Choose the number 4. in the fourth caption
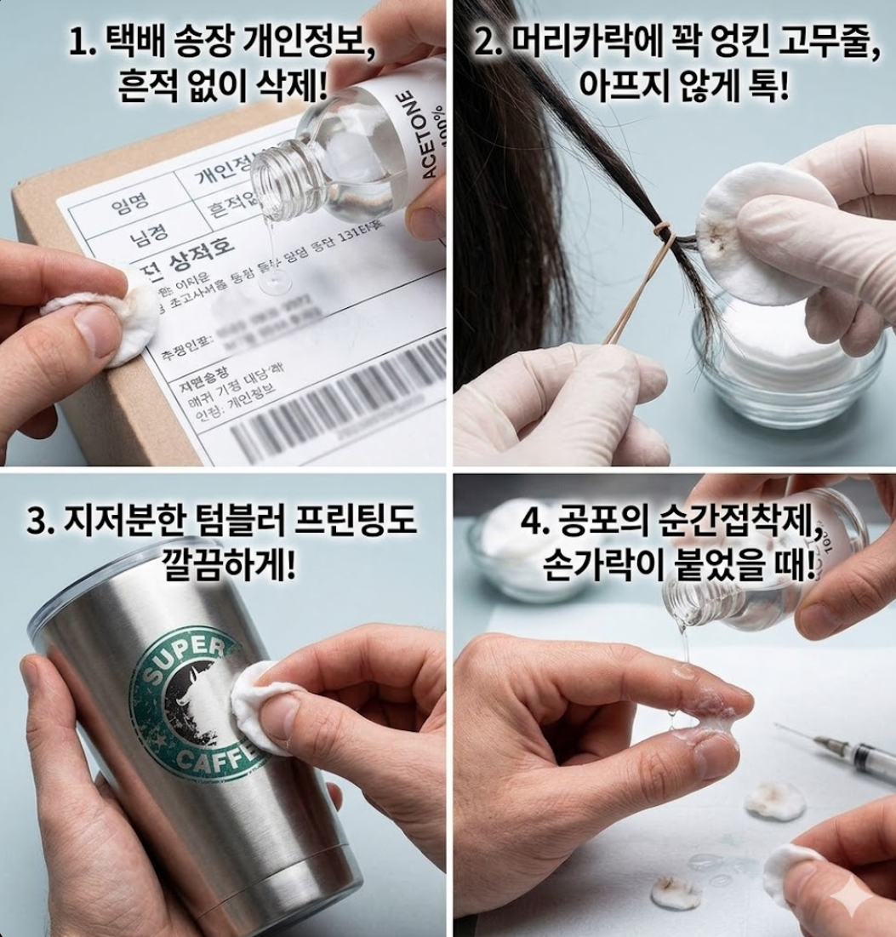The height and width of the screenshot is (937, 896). [534, 521]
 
